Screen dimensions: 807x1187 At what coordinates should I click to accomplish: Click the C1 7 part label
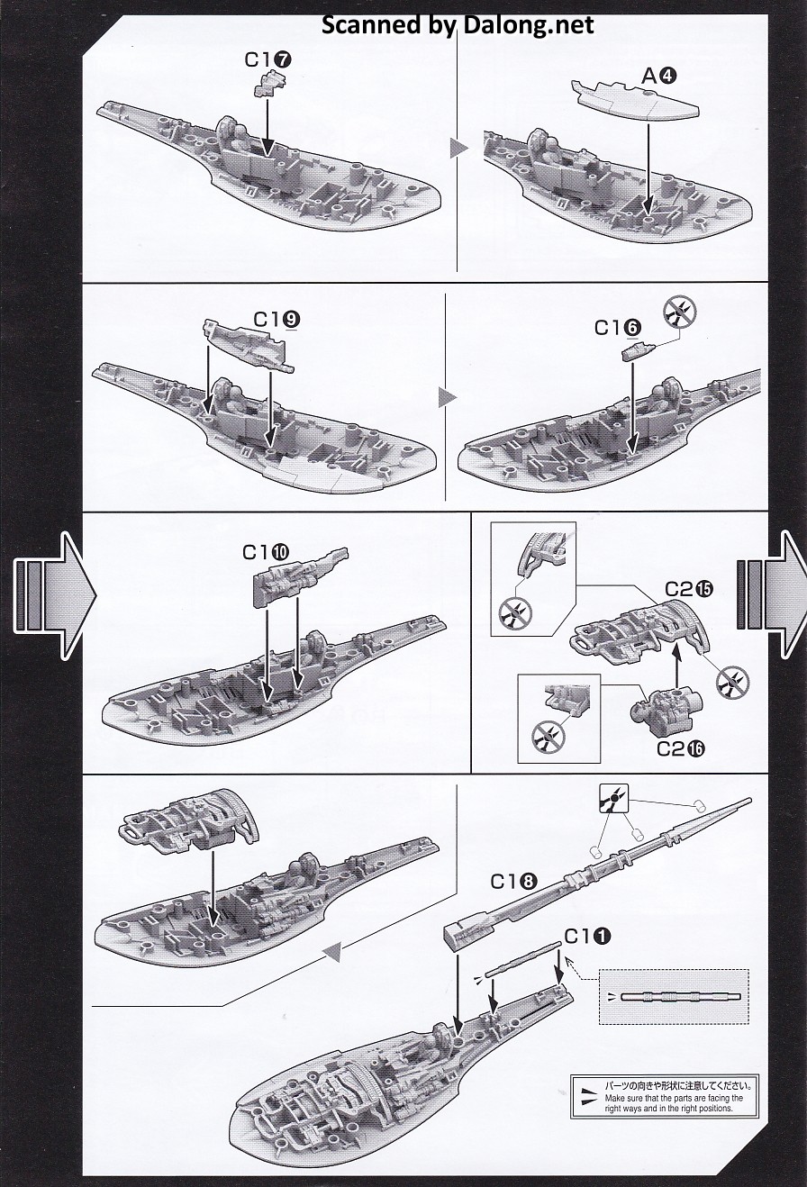coord(267,59)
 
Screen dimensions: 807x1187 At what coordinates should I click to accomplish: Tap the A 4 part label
coord(658,77)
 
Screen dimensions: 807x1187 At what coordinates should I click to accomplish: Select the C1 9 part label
coord(277,319)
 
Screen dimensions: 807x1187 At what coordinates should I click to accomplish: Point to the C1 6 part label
coord(617,328)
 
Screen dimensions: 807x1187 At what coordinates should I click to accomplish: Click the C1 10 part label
coord(266,552)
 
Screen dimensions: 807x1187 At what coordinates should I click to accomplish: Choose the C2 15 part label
coord(689,589)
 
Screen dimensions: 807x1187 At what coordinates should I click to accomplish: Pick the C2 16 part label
coord(681,748)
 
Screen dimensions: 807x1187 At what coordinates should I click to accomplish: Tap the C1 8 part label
coord(514,881)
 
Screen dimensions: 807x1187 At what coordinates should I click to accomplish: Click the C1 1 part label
coord(587,937)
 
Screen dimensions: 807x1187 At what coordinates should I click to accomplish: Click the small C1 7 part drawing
coord(269,83)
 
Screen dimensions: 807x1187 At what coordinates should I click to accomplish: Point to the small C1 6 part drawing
coord(639,351)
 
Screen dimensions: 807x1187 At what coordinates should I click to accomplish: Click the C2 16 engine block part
coord(666,706)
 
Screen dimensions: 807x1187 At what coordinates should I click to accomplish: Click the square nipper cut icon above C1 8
coord(613,799)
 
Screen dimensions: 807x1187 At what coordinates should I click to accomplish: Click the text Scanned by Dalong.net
coord(458,24)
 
